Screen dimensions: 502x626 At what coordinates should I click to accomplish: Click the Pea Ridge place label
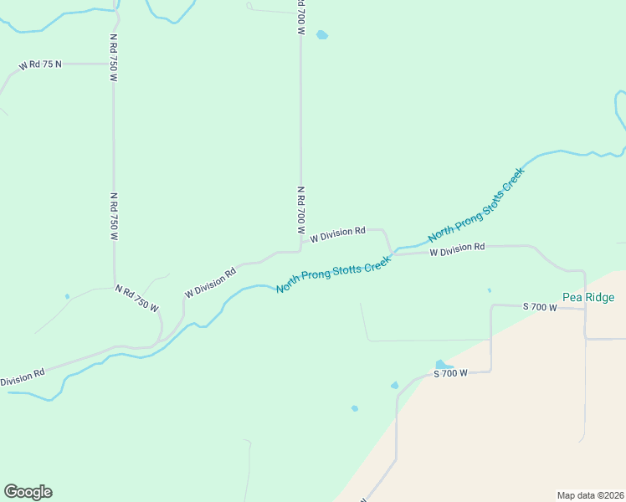tap(588, 297)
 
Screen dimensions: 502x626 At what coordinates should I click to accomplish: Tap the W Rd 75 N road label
tap(41, 64)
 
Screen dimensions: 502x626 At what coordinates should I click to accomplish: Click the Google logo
tap(28, 492)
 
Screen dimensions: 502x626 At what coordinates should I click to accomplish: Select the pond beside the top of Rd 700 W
tap(322, 35)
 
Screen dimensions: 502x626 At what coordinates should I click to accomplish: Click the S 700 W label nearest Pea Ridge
tap(540, 307)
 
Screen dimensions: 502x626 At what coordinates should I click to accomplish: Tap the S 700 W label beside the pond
tap(449, 373)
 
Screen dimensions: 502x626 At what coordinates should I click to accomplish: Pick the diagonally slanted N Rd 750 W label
tap(136, 297)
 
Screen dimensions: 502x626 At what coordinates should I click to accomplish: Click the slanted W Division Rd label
tap(210, 282)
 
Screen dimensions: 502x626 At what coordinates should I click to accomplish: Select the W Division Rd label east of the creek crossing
tap(457, 247)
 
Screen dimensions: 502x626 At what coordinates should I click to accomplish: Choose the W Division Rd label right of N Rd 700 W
tap(337, 233)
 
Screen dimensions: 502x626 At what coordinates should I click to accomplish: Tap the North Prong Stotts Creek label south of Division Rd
tap(334, 274)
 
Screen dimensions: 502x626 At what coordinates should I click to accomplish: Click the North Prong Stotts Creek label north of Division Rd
tap(476, 204)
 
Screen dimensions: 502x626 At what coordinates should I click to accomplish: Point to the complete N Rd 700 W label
tap(300, 210)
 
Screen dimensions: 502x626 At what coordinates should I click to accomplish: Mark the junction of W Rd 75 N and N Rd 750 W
tap(114, 64)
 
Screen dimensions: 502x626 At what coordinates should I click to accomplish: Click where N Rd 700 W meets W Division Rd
tap(300, 248)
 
